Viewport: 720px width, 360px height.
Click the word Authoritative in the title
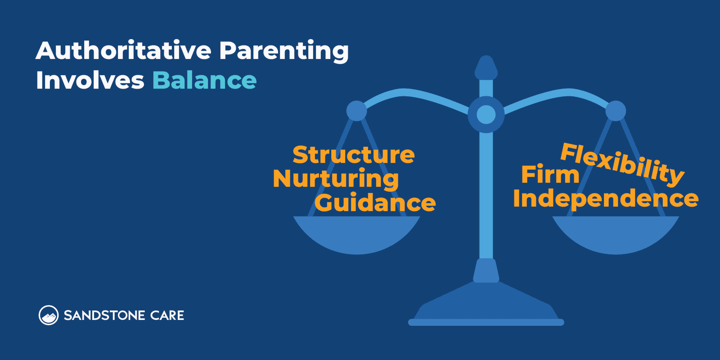pyautogui.click(x=123, y=50)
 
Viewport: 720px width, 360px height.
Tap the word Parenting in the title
pyautogui.click(x=284, y=51)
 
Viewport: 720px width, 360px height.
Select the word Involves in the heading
pyautogui.click(x=90, y=81)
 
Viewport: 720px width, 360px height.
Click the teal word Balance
pyautogui.click(x=204, y=81)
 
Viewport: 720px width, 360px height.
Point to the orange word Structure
pyautogui.click(x=354, y=155)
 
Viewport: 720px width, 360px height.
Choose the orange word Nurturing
pyautogui.click(x=336, y=179)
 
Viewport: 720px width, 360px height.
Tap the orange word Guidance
pyautogui.click(x=375, y=203)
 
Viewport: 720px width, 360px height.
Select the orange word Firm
pyautogui.click(x=550, y=175)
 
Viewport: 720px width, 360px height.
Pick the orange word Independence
pyautogui.click(x=605, y=199)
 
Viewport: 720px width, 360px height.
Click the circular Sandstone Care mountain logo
pyautogui.click(x=49, y=315)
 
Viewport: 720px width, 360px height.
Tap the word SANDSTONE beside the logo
pyautogui.click(x=104, y=315)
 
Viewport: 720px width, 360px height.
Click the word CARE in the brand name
pyautogui.click(x=167, y=315)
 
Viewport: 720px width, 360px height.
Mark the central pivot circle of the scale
pyautogui.click(x=486, y=114)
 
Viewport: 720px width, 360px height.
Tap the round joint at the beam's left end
pyautogui.click(x=357, y=111)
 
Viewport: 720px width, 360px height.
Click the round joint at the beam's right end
pyautogui.click(x=616, y=111)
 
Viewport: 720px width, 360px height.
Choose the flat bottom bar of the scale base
pyautogui.click(x=486, y=322)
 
